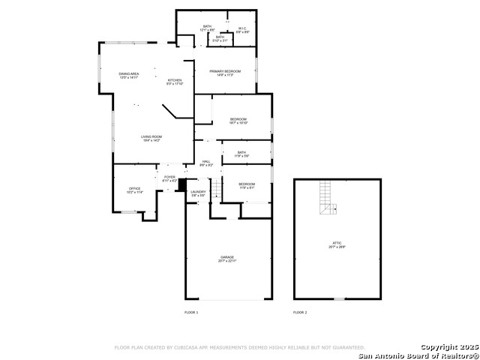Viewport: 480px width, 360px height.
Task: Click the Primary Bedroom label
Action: point(225,72)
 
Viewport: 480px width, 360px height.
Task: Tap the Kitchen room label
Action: point(175,81)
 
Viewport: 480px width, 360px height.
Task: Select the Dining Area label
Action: point(129,75)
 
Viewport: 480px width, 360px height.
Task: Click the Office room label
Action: point(135,190)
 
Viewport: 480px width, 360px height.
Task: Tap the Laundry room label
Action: point(198,193)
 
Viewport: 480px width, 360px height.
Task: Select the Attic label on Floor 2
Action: point(337,244)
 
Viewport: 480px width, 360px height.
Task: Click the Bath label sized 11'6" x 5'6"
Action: point(241,154)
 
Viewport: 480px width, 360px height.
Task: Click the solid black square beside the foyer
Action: point(180,184)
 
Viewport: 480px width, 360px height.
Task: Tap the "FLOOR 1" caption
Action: point(191,312)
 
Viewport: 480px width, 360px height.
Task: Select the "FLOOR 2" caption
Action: point(300,312)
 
